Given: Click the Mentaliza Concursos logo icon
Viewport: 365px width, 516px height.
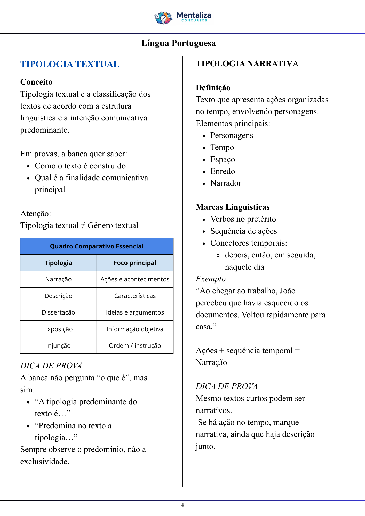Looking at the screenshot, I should point(163,18).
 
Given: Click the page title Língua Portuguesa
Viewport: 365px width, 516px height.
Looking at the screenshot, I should point(178,43).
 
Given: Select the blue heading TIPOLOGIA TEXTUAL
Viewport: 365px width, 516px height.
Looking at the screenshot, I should point(70,64).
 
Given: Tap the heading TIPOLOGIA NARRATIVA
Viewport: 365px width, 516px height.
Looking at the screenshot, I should point(247,63).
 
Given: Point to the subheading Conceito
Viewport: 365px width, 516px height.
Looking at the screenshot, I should point(36,82).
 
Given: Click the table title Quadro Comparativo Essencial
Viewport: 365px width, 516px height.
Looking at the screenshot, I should point(97,246).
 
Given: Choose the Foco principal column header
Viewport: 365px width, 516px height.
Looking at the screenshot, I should point(135,263).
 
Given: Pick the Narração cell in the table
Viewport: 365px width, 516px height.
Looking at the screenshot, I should point(58,279).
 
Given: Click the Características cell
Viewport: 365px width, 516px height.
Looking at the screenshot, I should point(135,296).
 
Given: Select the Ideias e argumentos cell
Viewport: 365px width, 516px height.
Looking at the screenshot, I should point(135,312).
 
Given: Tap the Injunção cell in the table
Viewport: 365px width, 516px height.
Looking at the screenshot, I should point(58,346).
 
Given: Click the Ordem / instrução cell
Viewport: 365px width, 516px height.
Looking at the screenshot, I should point(135,346).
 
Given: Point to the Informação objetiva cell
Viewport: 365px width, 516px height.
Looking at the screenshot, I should point(135,329).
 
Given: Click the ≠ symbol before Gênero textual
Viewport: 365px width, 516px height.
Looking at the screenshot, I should point(83,226).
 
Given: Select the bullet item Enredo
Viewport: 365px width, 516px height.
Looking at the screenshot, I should point(223,171).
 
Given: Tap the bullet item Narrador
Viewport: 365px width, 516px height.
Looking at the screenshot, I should point(226,183).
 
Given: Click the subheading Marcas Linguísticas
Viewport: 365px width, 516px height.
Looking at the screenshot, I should point(233,207).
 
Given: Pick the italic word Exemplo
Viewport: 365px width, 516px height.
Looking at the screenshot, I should point(211,279).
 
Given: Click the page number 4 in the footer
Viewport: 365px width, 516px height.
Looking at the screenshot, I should point(182,505).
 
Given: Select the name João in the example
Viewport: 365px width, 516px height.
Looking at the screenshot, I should point(288,291).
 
